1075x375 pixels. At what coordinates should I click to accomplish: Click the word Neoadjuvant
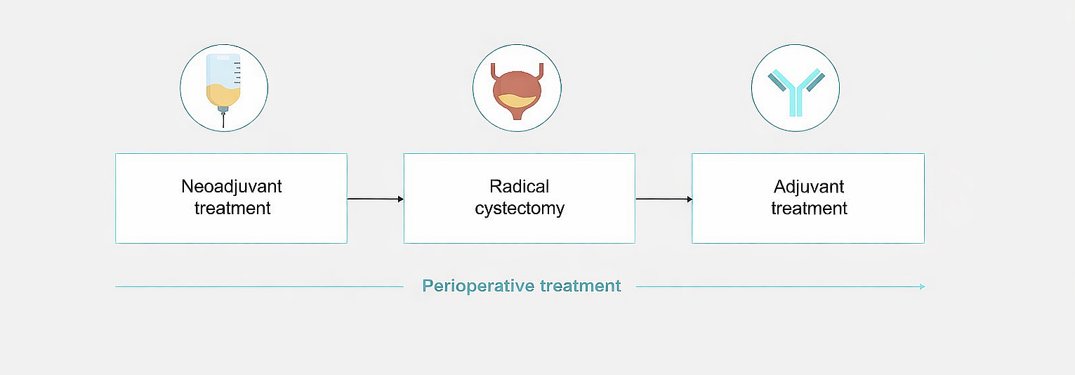[x=231, y=186]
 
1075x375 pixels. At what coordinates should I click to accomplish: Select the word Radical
[x=520, y=186]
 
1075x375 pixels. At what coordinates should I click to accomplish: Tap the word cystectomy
[x=520, y=209]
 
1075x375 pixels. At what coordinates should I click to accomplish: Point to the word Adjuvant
[x=809, y=186]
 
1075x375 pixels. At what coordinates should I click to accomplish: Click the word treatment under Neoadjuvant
[x=232, y=209]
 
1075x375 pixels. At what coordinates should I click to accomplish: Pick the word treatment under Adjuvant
[x=809, y=209]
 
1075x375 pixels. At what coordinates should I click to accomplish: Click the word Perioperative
[x=478, y=287]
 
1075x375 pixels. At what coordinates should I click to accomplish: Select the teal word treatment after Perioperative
[x=581, y=287]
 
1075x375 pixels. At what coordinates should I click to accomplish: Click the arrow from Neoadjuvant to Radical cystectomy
[x=375, y=199]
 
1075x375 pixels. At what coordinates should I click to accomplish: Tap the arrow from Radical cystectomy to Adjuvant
[x=664, y=199]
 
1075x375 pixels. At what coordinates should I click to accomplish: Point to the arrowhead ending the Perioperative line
[x=923, y=287]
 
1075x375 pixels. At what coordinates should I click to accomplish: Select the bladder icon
[x=517, y=91]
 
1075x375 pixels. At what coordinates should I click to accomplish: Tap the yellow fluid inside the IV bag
[x=223, y=96]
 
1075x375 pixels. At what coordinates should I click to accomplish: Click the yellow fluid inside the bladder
[x=517, y=100]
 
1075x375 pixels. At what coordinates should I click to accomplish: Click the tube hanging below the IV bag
[x=223, y=120]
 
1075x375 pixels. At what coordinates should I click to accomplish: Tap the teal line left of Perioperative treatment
[x=259, y=287]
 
